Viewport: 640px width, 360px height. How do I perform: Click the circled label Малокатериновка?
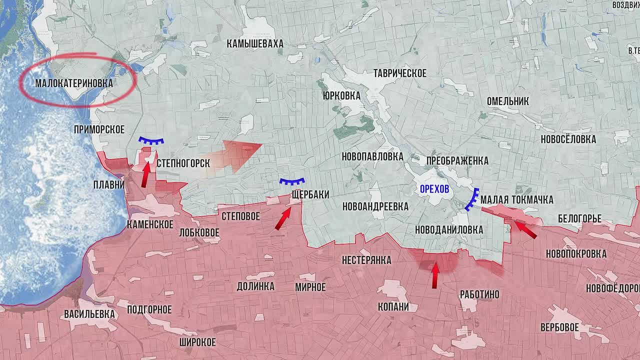coord(74,83)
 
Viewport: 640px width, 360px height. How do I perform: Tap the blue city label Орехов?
coord(434,189)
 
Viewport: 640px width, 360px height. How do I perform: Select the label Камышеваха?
coord(255,44)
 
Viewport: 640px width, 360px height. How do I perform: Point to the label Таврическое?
coord(400,73)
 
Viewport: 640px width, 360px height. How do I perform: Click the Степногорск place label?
coord(183,163)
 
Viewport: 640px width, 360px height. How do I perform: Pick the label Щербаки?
coord(310,194)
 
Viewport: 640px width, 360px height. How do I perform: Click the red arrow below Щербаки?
coord(282,218)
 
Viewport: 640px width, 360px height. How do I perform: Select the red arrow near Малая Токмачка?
coord(525,229)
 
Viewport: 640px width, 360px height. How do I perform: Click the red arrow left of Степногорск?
coord(146,174)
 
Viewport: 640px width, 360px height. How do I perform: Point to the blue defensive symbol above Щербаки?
coord(292,182)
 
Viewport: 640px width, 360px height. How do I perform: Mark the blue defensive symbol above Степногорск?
coord(151,141)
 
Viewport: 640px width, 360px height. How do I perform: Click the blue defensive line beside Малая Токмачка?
coord(472,199)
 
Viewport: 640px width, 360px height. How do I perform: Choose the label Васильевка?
coord(89,314)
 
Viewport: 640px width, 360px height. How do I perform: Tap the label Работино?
coord(479,294)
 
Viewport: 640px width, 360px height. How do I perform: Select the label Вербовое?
coord(559,328)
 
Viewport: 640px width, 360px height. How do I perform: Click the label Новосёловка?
coord(568,139)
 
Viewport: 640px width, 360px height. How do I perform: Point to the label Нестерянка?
coord(366,260)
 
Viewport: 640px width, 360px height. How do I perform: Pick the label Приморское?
coord(99,129)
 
